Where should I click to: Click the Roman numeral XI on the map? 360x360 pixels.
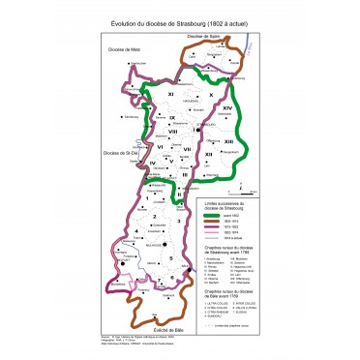point(171,93)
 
